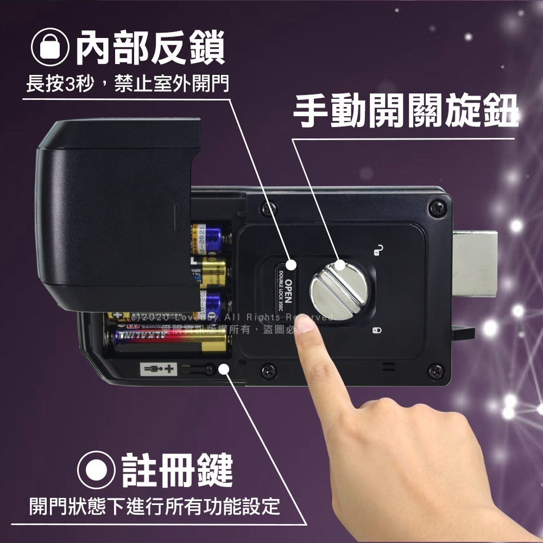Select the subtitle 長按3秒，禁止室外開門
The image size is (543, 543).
coord(128,85)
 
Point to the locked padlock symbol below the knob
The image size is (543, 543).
coord(377,330)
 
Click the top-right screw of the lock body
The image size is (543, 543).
coord(437,207)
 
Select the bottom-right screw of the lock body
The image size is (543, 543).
coord(437,371)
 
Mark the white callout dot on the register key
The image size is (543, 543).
coord(223,369)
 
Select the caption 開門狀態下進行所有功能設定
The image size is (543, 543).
coord(155,506)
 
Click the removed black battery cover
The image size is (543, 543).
coord(117,212)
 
